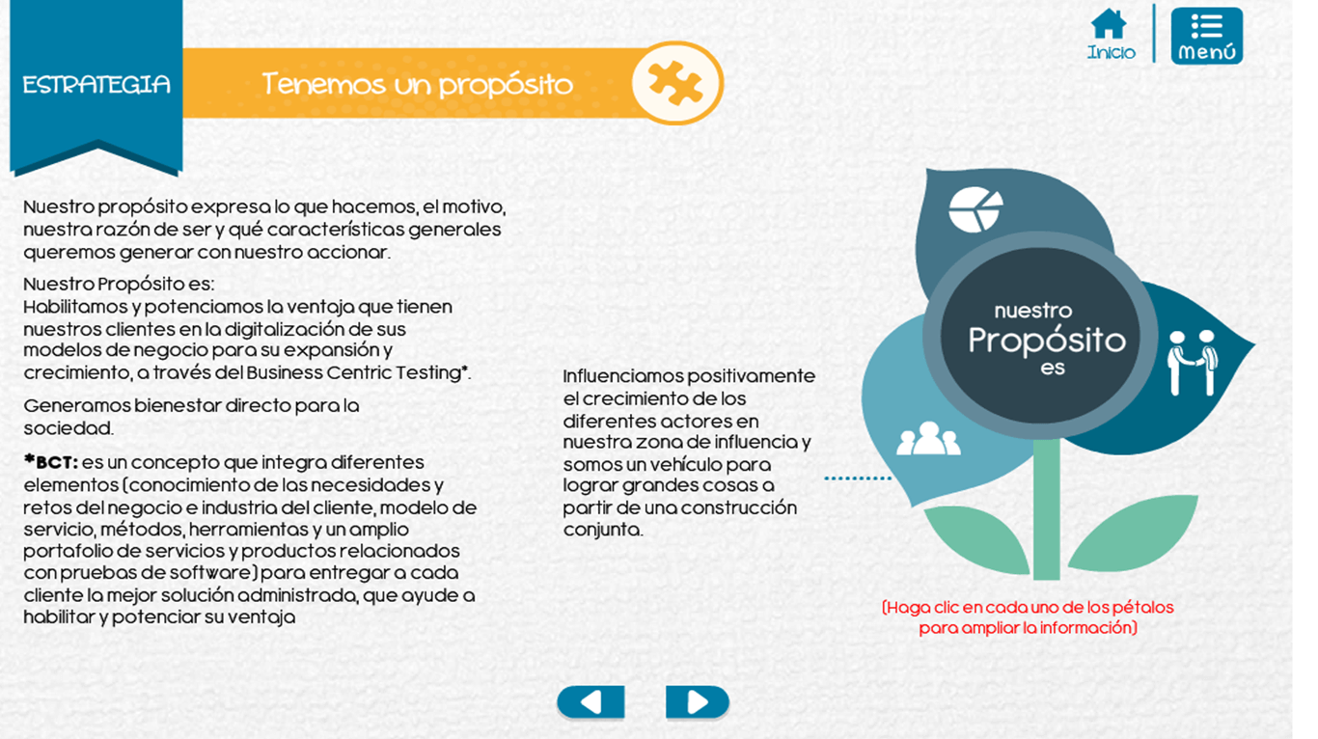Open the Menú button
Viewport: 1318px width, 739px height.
(x=1207, y=36)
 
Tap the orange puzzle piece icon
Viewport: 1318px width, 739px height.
(x=675, y=83)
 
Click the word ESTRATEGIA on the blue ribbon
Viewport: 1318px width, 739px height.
(x=96, y=85)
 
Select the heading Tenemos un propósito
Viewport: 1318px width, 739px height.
(x=417, y=84)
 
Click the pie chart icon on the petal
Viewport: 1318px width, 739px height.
(x=975, y=209)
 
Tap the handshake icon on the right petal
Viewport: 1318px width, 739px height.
(x=1192, y=363)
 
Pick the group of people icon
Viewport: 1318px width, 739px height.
(x=928, y=439)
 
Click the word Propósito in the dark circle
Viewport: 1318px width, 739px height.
(x=1047, y=342)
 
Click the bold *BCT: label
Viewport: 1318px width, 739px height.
(x=50, y=462)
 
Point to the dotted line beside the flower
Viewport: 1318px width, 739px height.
(x=858, y=479)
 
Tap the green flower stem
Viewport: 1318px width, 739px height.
(x=1047, y=509)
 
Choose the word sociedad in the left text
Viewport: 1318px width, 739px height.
(x=69, y=428)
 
